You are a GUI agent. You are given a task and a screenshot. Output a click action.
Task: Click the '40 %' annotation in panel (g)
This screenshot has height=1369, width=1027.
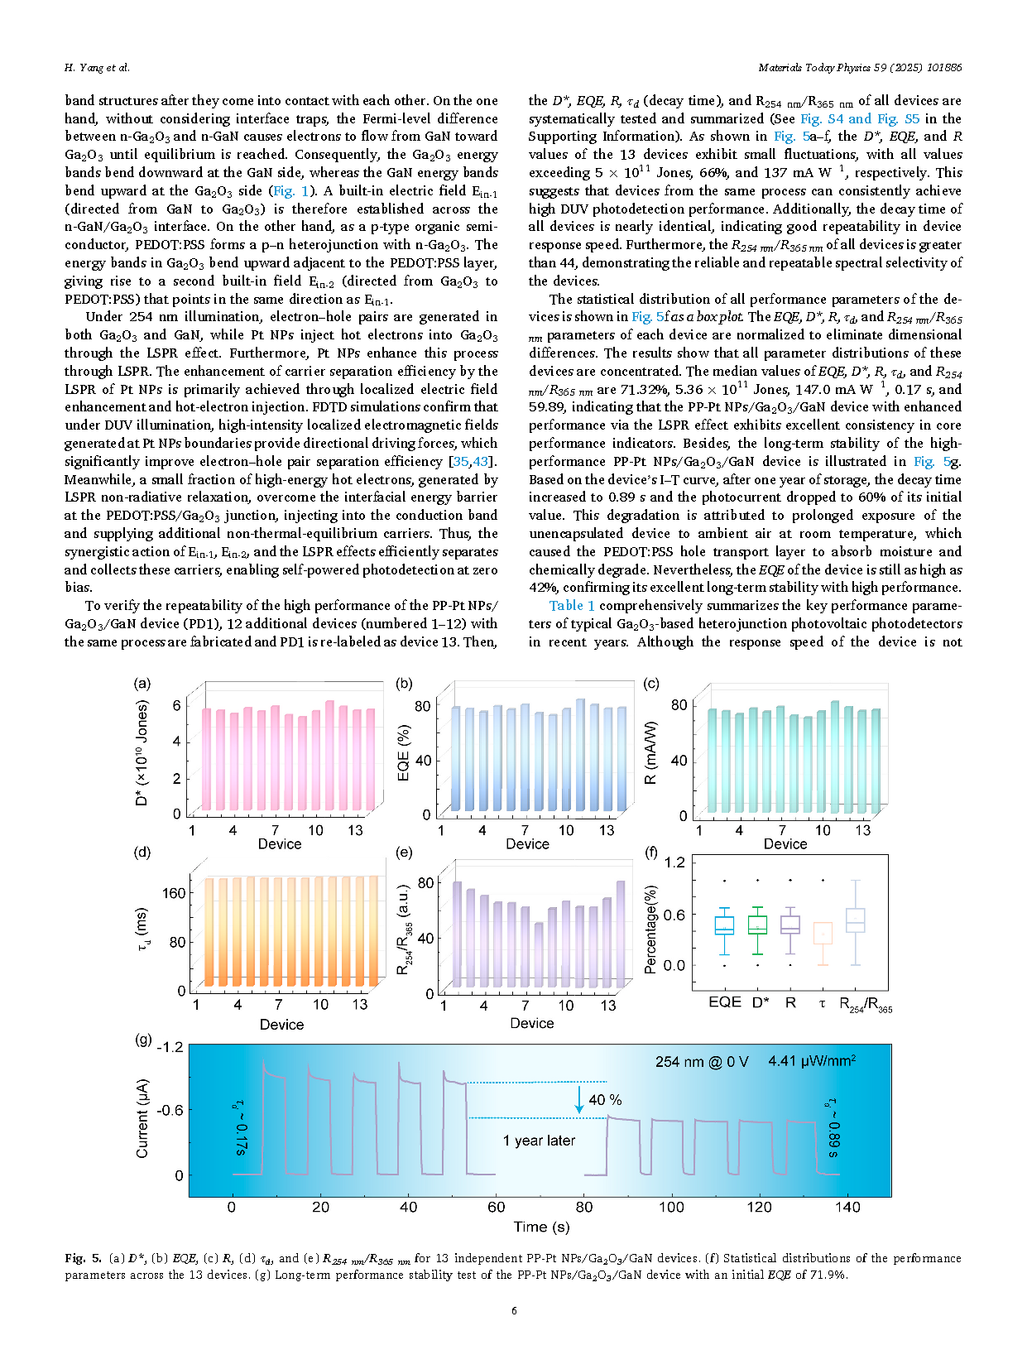click(x=605, y=1100)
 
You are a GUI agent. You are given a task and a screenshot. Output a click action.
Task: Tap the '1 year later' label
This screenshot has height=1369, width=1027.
click(x=539, y=1141)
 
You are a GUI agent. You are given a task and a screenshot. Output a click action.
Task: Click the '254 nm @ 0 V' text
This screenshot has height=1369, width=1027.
click(x=702, y=1062)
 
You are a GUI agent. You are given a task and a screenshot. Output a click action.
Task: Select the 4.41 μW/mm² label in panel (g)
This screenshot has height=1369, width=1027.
click(x=812, y=1061)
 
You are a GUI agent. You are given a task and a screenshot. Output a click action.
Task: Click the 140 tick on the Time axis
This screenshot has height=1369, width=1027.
click(x=847, y=1208)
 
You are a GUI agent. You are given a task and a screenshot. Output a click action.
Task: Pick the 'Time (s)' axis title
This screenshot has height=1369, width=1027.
click(x=541, y=1227)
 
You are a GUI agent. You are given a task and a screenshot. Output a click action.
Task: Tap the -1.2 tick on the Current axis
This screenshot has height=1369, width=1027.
click(x=170, y=1048)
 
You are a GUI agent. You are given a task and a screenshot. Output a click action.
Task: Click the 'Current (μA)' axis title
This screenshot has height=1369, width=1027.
click(x=142, y=1118)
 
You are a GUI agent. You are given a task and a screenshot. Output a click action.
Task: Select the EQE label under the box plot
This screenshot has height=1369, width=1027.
click(x=725, y=1003)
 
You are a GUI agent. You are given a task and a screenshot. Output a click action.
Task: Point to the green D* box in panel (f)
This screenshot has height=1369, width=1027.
click(x=757, y=925)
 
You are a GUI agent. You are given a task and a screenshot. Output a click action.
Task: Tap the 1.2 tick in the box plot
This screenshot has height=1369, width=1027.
click(x=674, y=862)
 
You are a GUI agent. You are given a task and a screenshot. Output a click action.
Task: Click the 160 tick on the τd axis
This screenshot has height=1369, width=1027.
click(x=174, y=894)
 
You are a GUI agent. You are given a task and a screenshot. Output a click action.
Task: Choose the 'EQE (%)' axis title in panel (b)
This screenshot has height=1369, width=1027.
click(x=404, y=753)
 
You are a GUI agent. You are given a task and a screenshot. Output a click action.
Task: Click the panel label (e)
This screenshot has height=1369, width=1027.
click(x=405, y=853)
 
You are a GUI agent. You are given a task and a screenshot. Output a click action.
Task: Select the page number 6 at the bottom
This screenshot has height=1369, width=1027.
click(x=514, y=1311)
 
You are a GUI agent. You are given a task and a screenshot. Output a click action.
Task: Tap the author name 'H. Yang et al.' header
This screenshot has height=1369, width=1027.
click(x=97, y=68)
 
